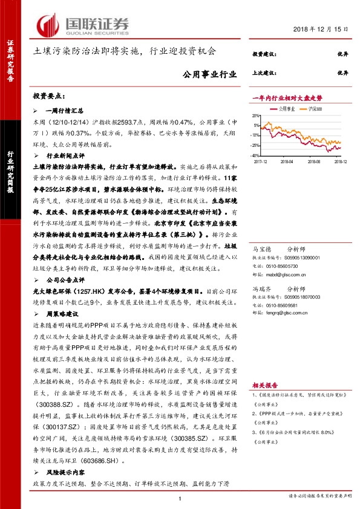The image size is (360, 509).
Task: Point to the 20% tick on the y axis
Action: click(x=256, y=115)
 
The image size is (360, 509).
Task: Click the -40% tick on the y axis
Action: click(x=255, y=156)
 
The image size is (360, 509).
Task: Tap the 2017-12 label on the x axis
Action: click(x=261, y=162)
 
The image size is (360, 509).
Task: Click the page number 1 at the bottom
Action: click(x=180, y=498)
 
